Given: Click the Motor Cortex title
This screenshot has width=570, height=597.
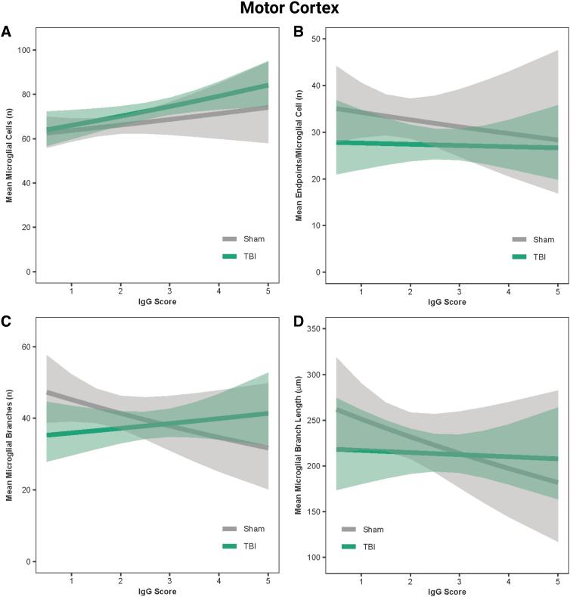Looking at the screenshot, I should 286,9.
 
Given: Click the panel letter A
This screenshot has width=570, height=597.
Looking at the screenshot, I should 6,32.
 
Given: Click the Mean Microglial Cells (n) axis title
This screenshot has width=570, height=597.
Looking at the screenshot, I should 10,156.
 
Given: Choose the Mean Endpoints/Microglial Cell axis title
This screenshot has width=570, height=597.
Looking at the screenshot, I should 299,156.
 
